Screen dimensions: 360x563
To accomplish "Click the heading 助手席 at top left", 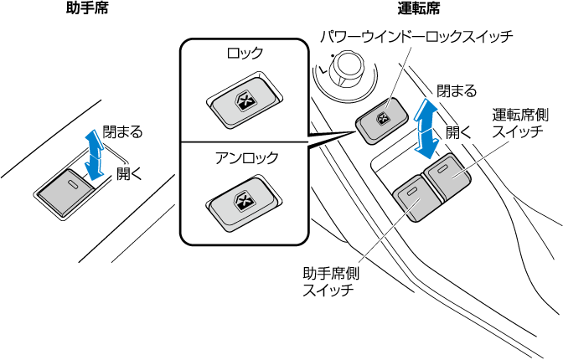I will [x=87, y=9].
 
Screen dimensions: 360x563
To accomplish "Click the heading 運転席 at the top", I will [x=420, y=9].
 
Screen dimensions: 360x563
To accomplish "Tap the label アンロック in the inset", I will [x=242, y=157].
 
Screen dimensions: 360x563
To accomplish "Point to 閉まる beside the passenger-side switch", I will [x=122, y=132].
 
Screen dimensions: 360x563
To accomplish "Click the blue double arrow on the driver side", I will [x=426, y=128].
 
